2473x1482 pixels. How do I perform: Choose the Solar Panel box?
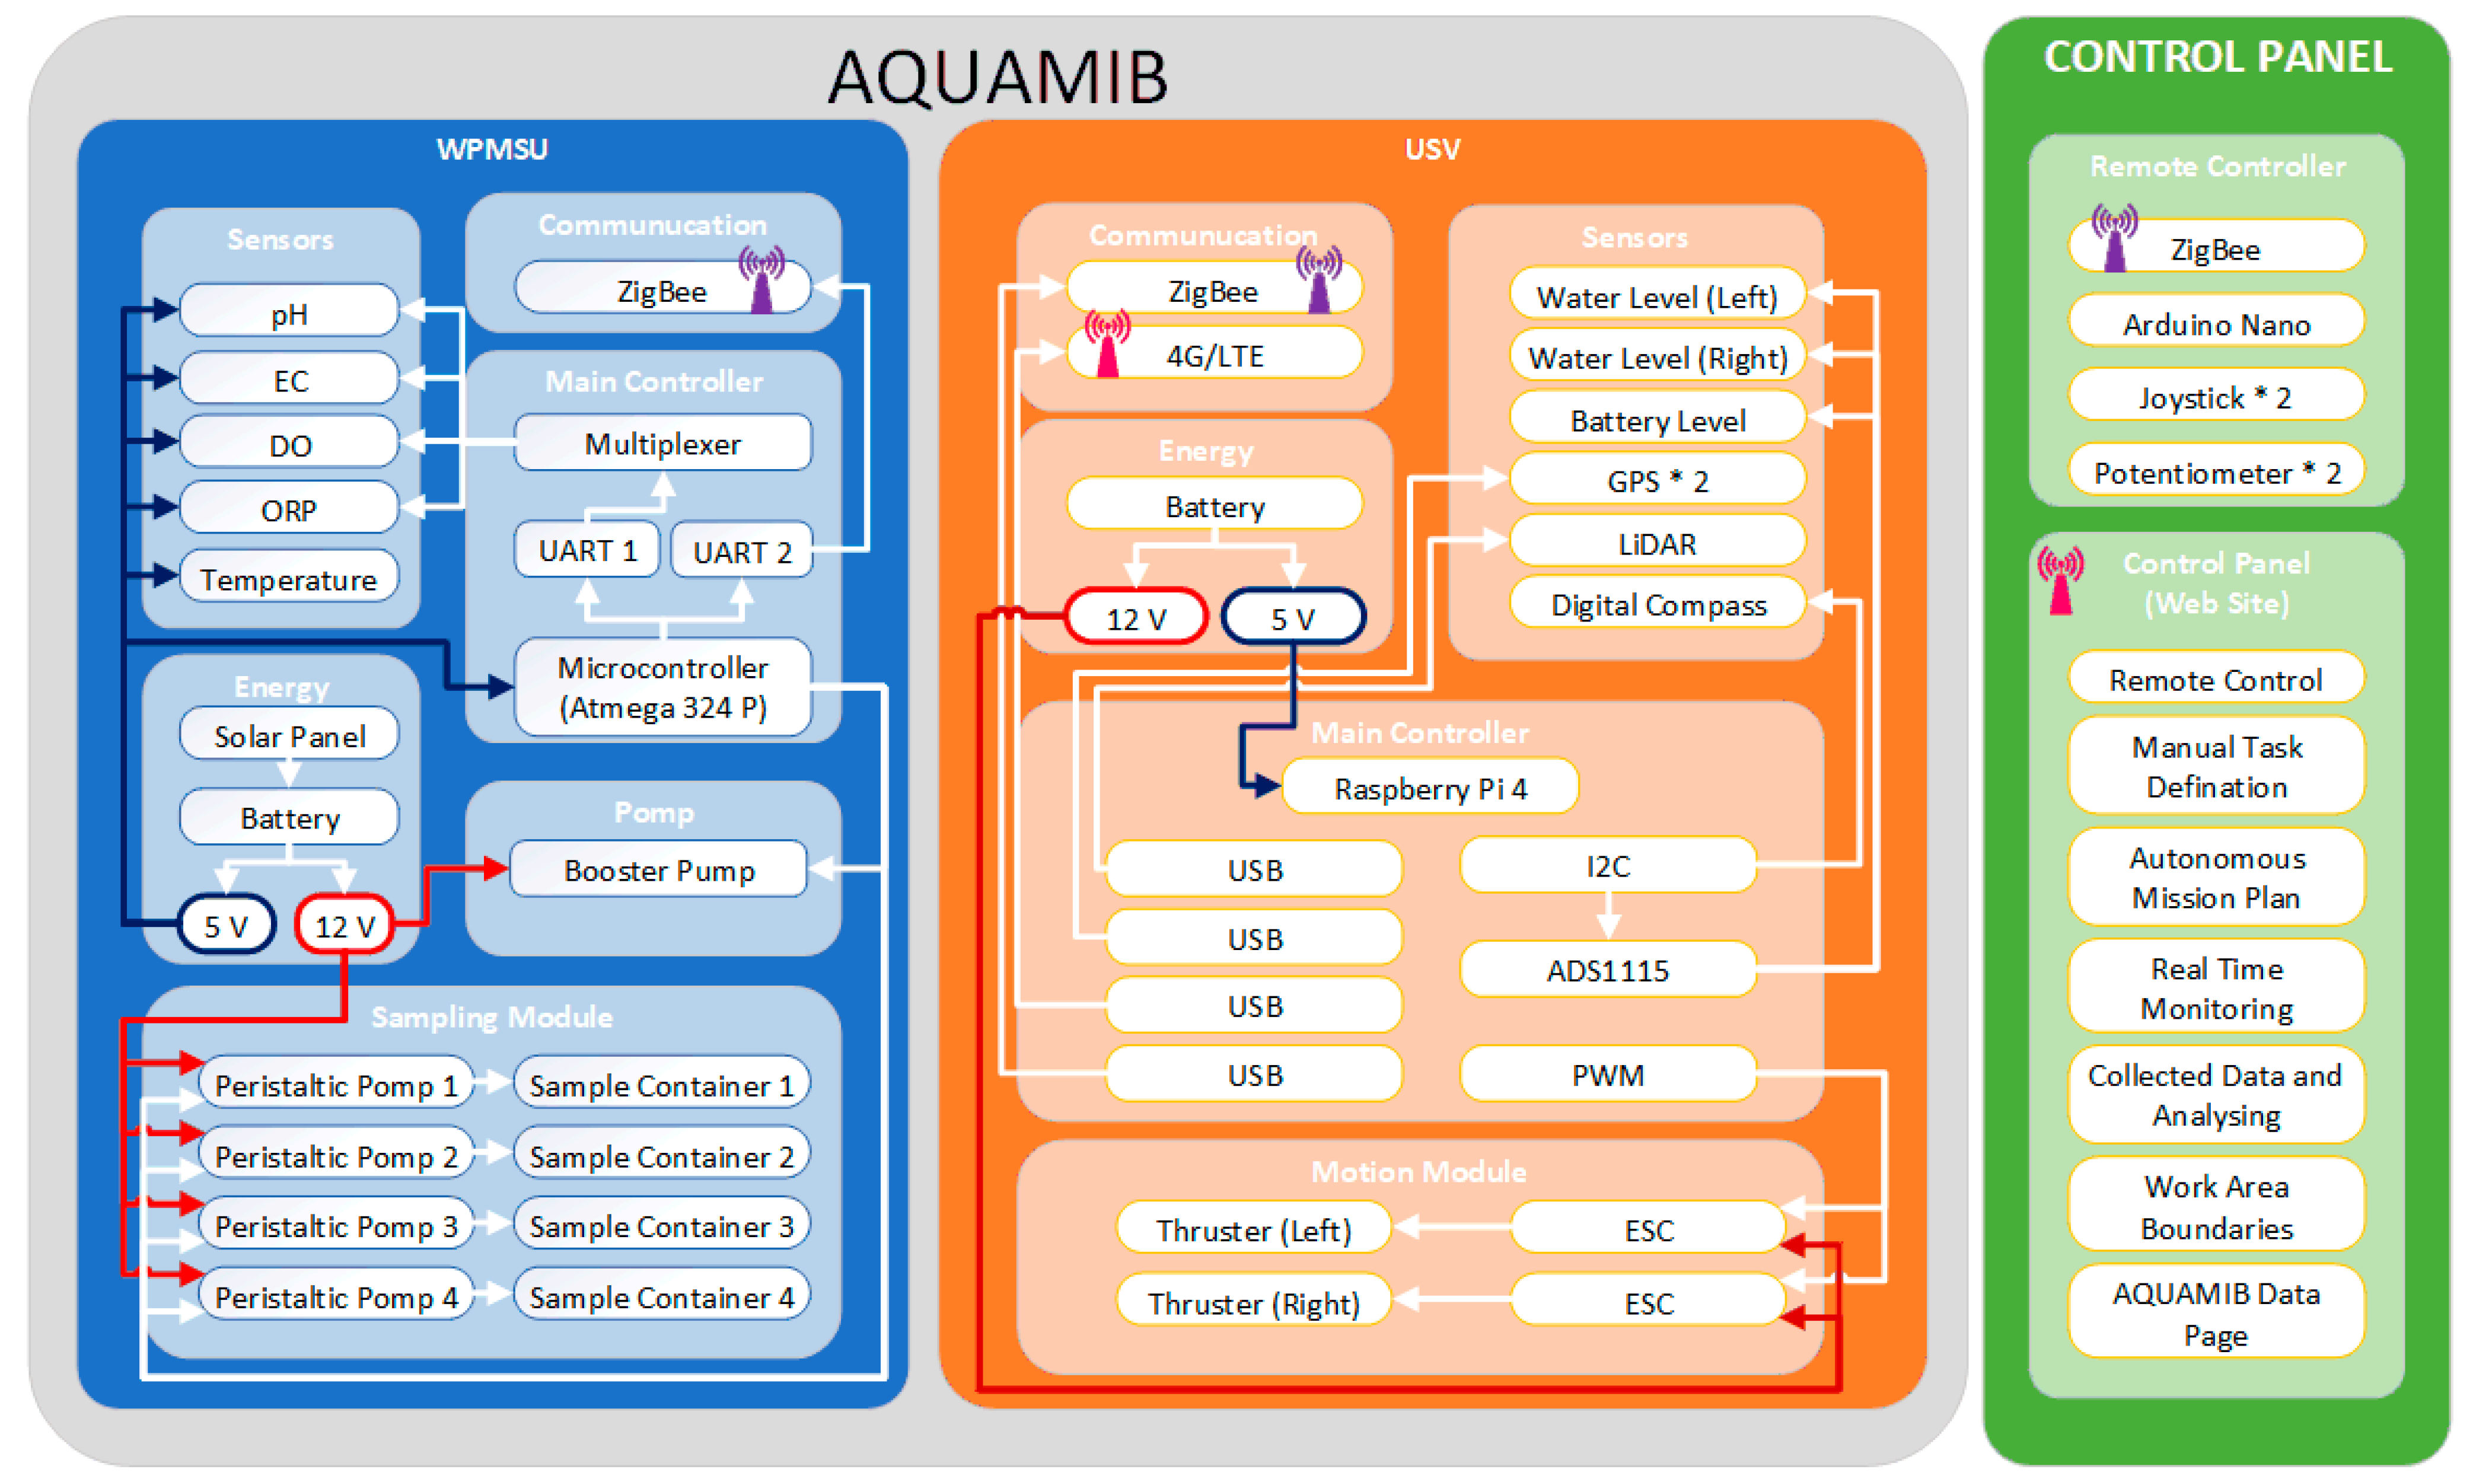click(289, 736)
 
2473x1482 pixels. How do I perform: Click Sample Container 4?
click(661, 1296)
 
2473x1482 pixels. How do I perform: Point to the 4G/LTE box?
click(1214, 355)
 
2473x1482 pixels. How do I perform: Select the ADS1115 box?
click(1607, 970)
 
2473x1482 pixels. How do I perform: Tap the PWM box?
click(1607, 1075)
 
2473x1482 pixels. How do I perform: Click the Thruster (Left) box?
click(1253, 1229)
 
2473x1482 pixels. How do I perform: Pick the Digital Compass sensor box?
click(1658, 604)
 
